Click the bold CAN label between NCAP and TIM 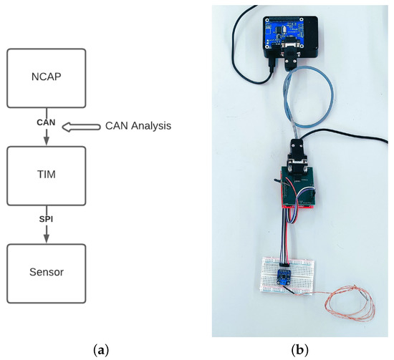(x=47, y=123)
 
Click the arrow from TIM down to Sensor (x=47, y=233)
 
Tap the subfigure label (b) (x=299, y=350)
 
